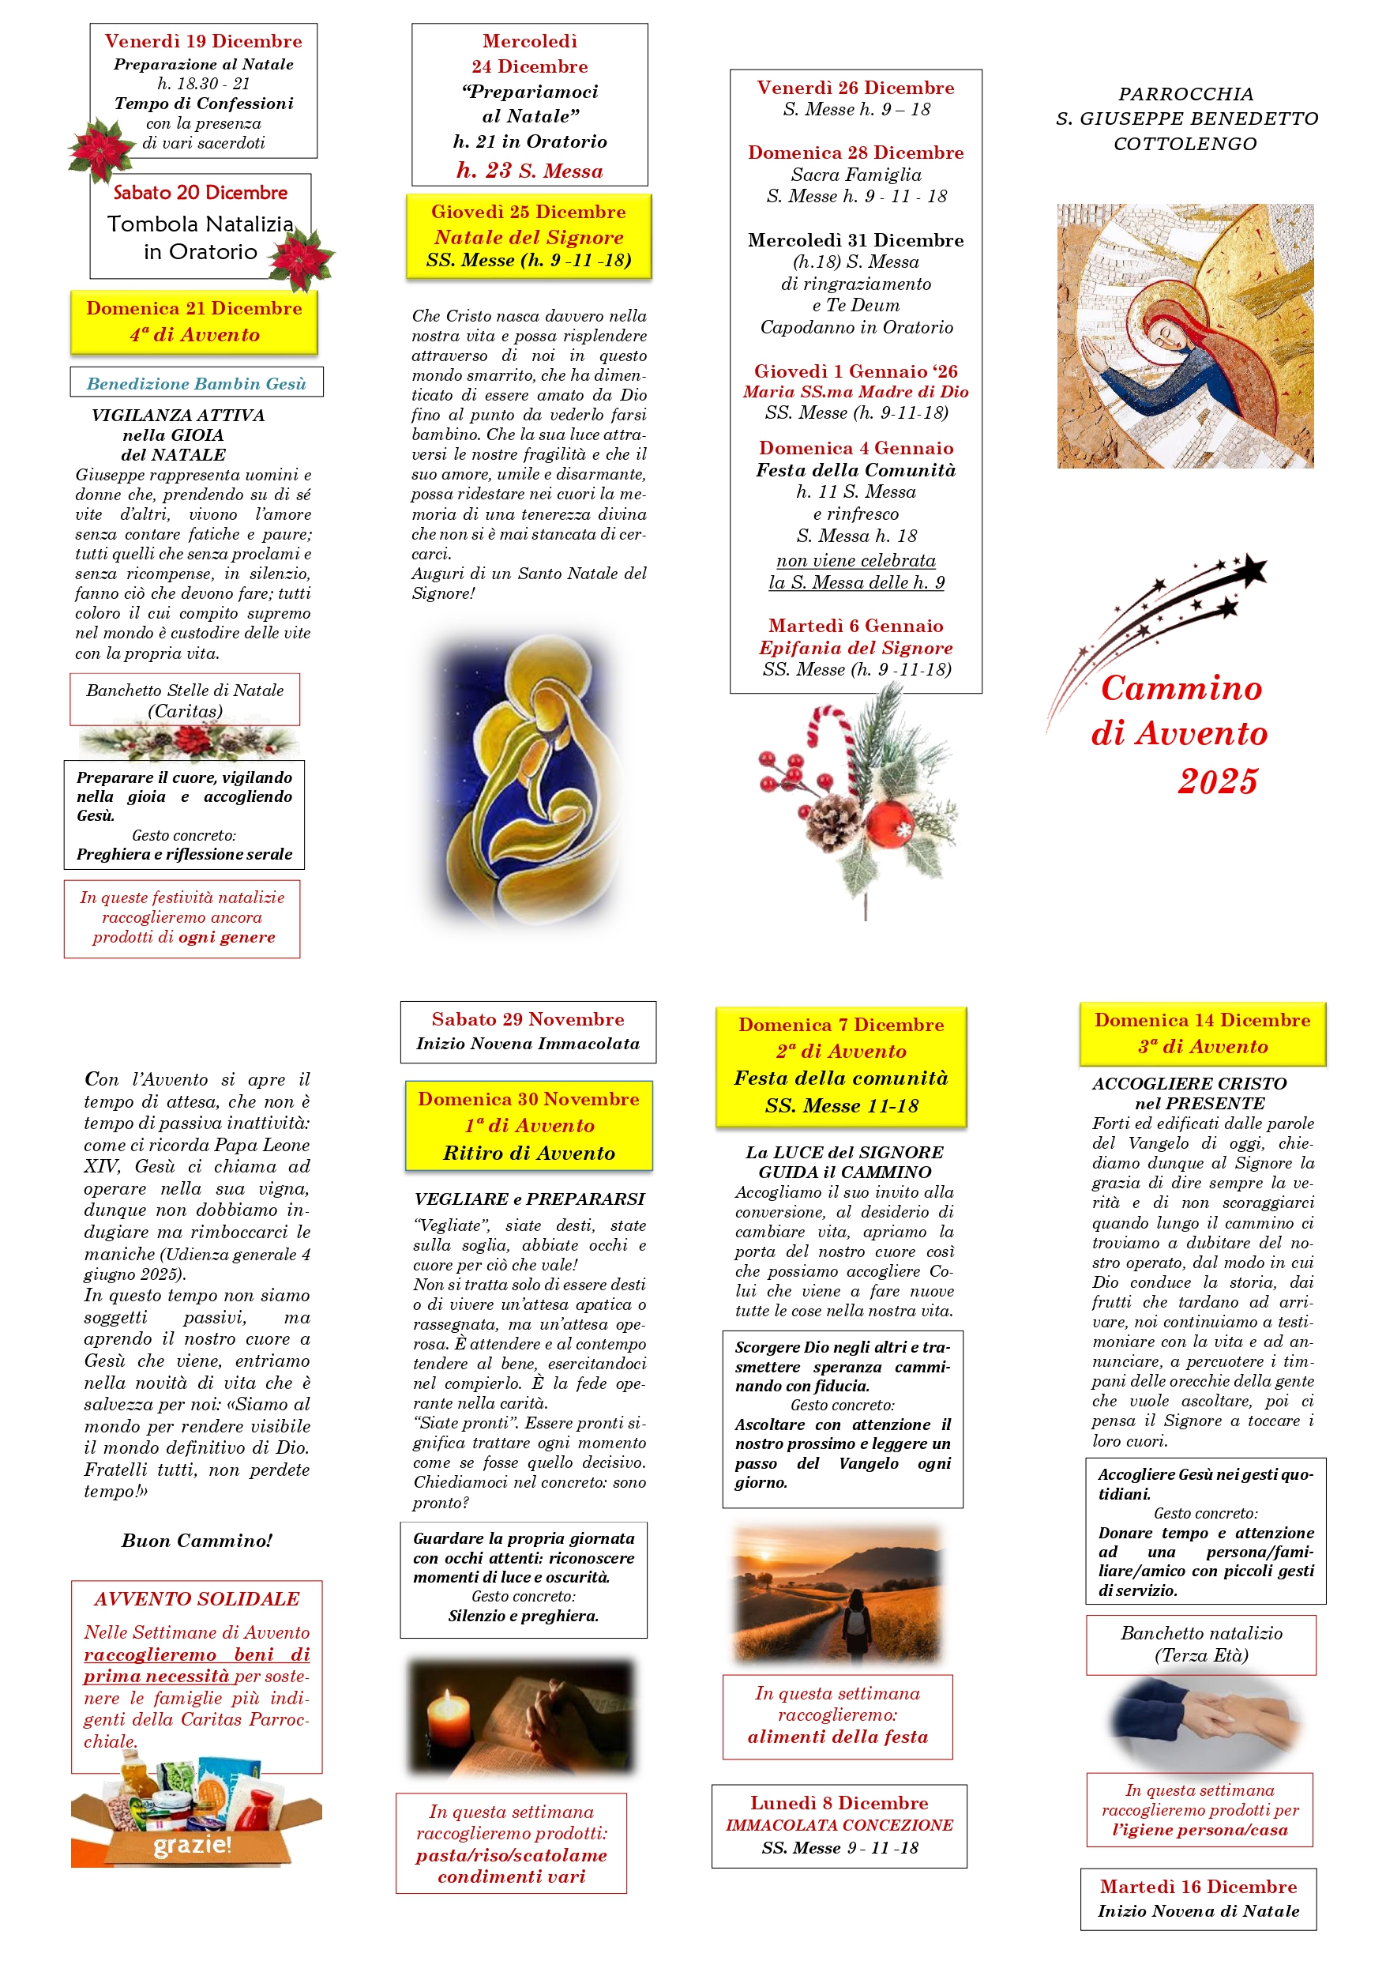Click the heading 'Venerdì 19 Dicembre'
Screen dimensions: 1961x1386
pos(203,41)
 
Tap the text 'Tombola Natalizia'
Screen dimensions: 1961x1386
pos(200,224)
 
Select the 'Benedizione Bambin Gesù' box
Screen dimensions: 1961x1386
pos(197,383)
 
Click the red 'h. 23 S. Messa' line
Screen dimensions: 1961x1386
pos(529,171)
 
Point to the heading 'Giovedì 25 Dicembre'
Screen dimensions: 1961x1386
pos(528,212)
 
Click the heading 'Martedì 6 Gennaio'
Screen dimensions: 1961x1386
pos(855,626)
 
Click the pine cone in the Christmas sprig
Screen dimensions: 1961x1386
pos(833,822)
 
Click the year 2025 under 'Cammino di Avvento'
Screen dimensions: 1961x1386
pos(1218,781)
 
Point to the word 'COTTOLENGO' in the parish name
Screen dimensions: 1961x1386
pos(1185,145)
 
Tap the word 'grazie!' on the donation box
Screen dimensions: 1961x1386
pos(192,1845)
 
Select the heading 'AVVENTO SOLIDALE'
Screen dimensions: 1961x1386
pos(197,1599)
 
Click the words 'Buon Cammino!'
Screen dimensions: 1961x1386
pos(197,1541)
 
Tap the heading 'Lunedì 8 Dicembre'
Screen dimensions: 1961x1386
pos(839,1803)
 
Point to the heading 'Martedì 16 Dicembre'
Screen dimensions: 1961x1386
pos(1198,1887)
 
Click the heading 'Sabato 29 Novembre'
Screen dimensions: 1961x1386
pos(528,1019)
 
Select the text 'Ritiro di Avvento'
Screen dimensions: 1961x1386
pos(528,1153)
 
